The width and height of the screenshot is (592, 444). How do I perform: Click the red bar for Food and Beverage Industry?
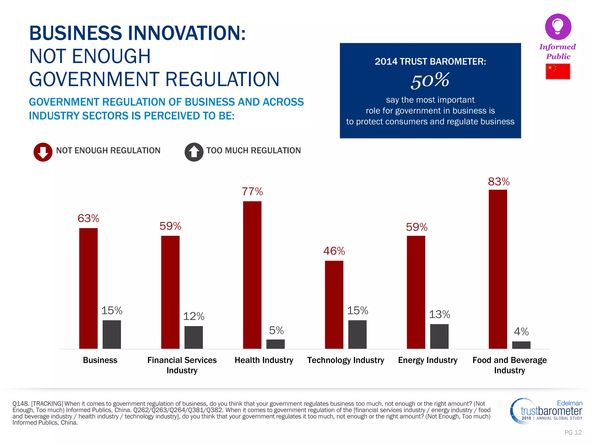pyautogui.click(x=497, y=269)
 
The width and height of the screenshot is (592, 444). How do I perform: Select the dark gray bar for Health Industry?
pyautogui.click(x=275, y=344)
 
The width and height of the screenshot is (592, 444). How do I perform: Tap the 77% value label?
pyautogui.click(x=252, y=191)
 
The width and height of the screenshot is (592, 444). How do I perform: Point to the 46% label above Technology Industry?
pyautogui.click(x=334, y=251)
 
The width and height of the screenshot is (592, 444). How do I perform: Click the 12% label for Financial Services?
pyautogui.click(x=194, y=316)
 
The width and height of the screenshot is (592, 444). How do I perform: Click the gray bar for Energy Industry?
pyautogui.click(x=439, y=336)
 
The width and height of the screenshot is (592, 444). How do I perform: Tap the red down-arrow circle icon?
pyautogui.click(x=43, y=152)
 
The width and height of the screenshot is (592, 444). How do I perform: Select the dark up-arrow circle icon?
pyautogui.click(x=194, y=152)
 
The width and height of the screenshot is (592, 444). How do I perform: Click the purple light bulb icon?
pyautogui.click(x=558, y=27)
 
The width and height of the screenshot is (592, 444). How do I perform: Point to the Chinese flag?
pyautogui.click(x=558, y=71)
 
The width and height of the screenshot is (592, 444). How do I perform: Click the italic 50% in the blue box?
pyautogui.click(x=430, y=80)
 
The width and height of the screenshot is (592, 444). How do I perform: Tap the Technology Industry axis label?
pyautogui.click(x=345, y=360)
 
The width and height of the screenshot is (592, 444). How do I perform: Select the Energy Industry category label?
pyautogui.click(x=428, y=360)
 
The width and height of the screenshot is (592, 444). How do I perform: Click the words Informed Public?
pyautogui.click(x=558, y=51)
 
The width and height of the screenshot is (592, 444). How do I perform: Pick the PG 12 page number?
pyautogui.click(x=573, y=432)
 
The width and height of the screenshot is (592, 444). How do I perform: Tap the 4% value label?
pyautogui.click(x=521, y=332)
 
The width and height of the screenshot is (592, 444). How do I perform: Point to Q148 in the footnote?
pyautogui.click(x=21, y=404)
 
